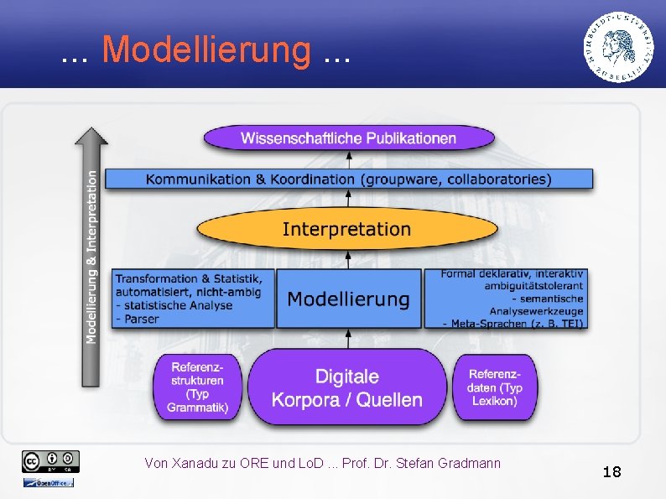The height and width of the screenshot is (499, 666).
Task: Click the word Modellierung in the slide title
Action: pyautogui.click(x=206, y=49)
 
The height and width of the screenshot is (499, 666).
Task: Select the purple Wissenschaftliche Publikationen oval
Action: pyautogui.click(x=349, y=138)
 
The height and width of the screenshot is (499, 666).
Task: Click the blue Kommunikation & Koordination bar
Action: pyautogui.click(x=349, y=179)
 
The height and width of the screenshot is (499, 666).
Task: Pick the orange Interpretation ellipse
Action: pyautogui.click(x=346, y=229)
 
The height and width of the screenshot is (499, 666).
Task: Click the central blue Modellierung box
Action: pyautogui.click(x=348, y=299)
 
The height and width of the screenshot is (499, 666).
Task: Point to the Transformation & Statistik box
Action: pyautogui.click(x=194, y=298)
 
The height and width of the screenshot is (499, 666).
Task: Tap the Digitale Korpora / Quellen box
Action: pyautogui.click(x=346, y=388)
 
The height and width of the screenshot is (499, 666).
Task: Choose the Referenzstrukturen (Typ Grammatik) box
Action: pyautogui.click(x=198, y=387)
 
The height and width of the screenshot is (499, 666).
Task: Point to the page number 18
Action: pyautogui.click(x=611, y=472)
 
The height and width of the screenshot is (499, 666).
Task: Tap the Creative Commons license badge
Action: pyautogui.click(x=51, y=460)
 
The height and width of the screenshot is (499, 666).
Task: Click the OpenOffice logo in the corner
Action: pyautogui.click(x=48, y=482)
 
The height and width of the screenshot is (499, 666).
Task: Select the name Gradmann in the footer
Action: pyautogui.click(x=472, y=463)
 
